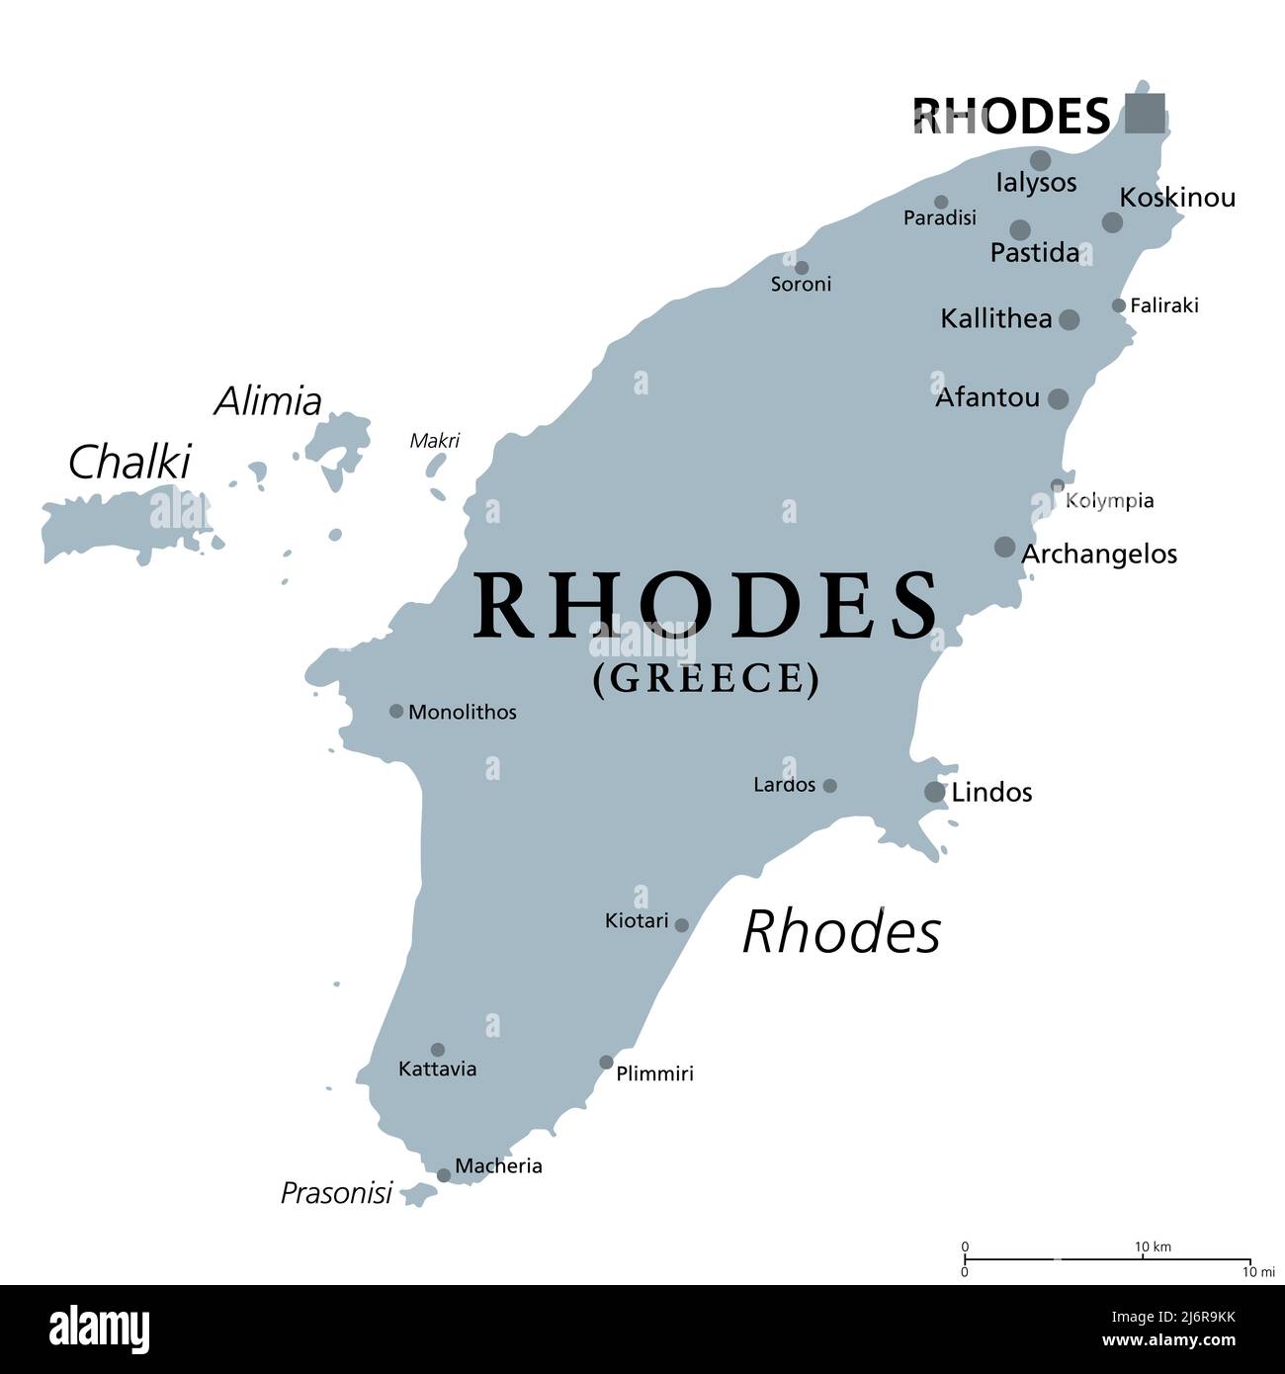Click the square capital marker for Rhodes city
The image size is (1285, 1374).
click(1145, 113)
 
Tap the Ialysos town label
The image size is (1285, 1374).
click(1036, 183)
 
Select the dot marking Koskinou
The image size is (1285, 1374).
click(1112, 222)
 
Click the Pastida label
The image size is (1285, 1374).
click(1034, 253)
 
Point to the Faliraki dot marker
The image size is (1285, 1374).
click(1118, 305)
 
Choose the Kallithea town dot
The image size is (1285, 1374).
click(1069, 319)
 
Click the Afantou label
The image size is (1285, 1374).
click(986, 397)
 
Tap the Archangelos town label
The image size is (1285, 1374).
click(1098, 555)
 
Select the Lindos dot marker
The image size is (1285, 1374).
click(934, 791)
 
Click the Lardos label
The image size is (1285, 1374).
click(784, 785)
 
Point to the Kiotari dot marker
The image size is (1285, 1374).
click(681, 925)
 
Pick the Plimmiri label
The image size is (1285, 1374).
click(654, 1073)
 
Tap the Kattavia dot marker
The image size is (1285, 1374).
click(437, 1050)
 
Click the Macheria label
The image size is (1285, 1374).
click(498, 1166)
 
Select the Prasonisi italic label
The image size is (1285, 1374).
click(336, 1193)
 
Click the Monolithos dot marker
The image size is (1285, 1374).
click(396, 711)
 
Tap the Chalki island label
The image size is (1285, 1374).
click(128, 462)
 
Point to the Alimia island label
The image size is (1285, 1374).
click(268, 401)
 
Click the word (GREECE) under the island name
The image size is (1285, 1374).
click(706, 679)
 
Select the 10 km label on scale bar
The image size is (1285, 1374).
click(1152, 1247)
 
